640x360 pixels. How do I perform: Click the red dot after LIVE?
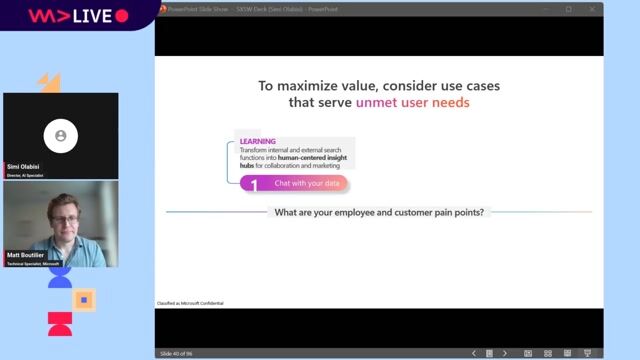tap(122, 16)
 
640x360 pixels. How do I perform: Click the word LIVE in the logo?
tap(93, 16)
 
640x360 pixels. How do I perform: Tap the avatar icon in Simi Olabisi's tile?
tap(61, 135)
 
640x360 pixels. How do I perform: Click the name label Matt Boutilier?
tap(28, 256)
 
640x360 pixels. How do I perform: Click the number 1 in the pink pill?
tap(254, 184)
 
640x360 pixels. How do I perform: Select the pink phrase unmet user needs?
tap(412, 102)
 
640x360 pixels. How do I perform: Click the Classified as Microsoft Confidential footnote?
tap(190, 303)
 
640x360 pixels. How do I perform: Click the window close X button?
tap(591, 9)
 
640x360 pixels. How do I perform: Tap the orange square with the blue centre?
tap(85, 299)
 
